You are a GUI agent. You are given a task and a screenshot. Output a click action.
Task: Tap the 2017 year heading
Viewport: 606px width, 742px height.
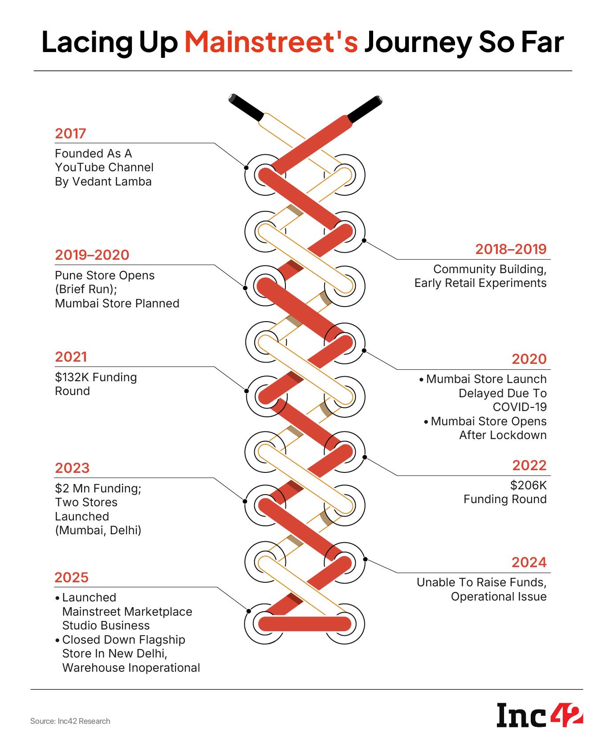(70, 133)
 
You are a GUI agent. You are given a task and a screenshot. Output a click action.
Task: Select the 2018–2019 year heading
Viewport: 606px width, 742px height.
(511, 249)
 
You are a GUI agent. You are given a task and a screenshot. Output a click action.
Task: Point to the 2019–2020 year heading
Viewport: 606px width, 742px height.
(92, 255)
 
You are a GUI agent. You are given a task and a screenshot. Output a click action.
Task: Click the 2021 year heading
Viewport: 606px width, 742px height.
(71, 357)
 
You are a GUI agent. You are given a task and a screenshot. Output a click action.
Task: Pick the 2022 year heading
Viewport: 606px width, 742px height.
(529, 465)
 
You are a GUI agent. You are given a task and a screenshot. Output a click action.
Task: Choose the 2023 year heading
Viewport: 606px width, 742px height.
(72, 468)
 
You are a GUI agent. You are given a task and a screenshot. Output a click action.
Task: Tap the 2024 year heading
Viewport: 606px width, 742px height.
(529, 563)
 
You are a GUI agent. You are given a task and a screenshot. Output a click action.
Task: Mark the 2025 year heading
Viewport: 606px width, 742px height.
(72, 577)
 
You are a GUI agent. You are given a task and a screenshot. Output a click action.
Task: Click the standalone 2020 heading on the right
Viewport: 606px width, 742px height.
(529, 359)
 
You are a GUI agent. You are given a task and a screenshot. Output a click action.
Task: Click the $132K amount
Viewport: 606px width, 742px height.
(73, 377)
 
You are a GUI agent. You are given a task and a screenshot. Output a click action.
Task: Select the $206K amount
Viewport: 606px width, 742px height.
(529, 485)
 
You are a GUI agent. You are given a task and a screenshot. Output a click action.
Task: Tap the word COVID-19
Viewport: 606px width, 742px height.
(520, 407)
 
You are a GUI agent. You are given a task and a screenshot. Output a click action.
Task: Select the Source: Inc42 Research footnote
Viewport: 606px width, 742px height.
(70, 721)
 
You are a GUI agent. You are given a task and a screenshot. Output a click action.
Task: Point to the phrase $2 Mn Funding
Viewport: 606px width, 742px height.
(98, 488)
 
